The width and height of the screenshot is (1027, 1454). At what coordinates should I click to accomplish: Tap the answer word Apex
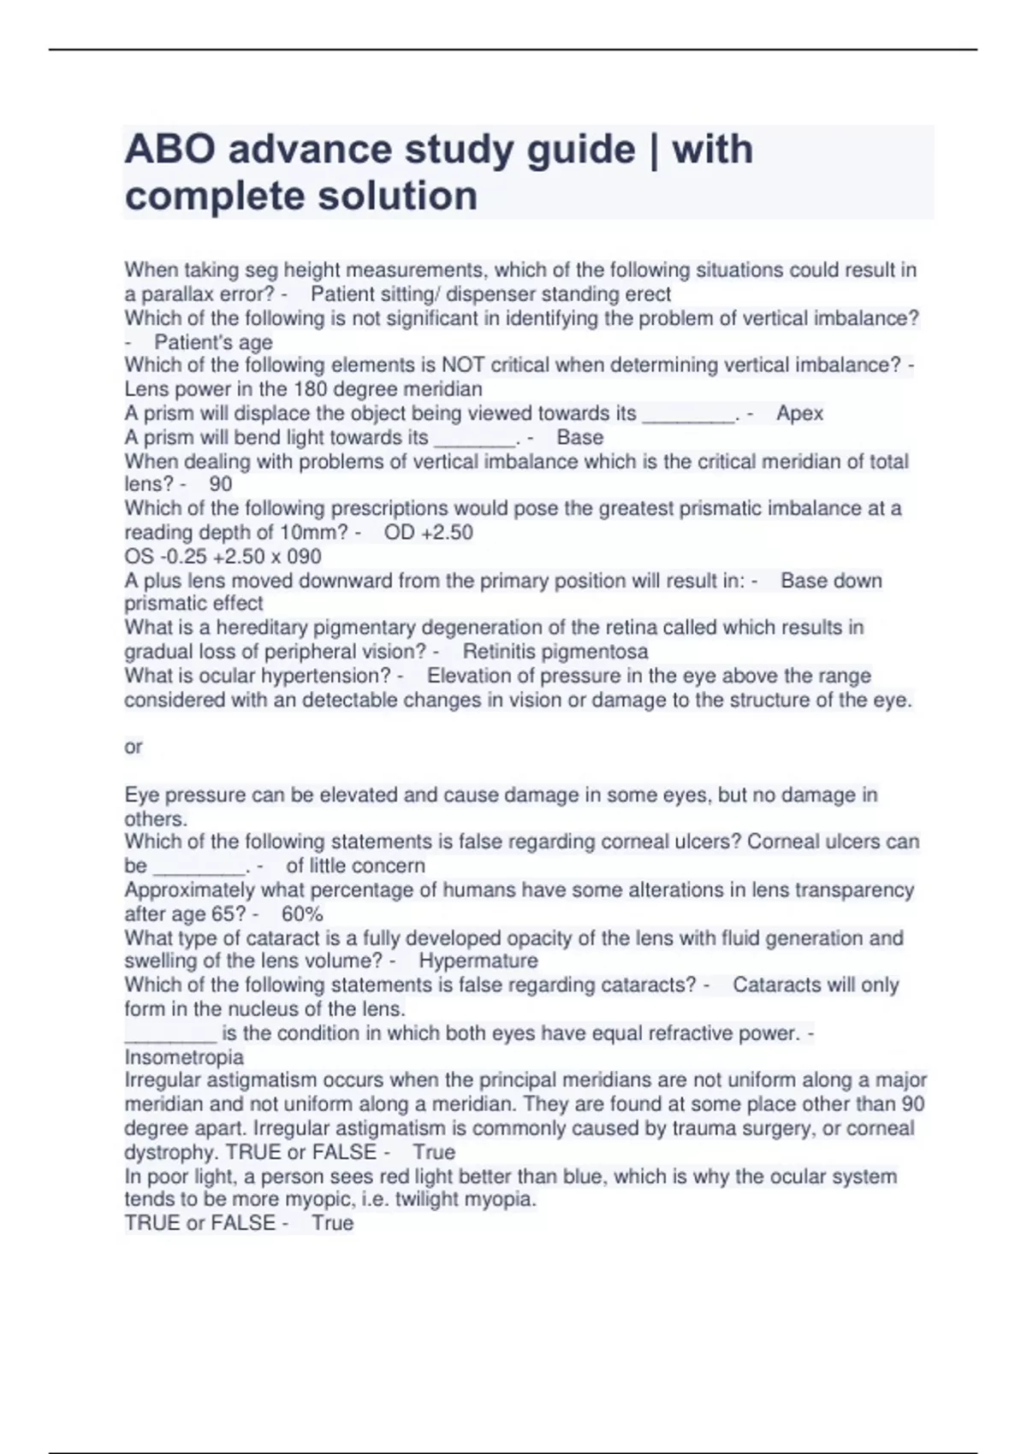[x=799, y=414]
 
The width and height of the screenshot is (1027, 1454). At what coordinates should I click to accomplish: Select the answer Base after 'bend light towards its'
[x=579, y=438]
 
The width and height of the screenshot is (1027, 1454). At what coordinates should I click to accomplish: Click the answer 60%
[x=302, y=913]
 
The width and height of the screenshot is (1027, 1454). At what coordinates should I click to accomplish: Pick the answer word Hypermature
[x=478, y=960]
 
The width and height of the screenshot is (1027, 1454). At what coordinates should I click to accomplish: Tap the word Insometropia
[x=184, y=1057]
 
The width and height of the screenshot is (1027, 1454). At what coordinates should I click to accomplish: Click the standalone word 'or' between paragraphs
[x=133, y=747]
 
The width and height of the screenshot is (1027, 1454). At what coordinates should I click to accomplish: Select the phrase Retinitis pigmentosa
[x=555, y=652]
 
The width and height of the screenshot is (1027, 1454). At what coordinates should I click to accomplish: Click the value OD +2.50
[x=428, y=533]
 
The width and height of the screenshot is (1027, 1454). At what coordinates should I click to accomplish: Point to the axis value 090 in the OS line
[x=303, y=557]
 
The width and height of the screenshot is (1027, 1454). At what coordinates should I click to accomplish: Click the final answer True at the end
[x=332, y=1223]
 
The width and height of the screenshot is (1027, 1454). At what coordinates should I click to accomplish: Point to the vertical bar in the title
[x=654, y=150]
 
